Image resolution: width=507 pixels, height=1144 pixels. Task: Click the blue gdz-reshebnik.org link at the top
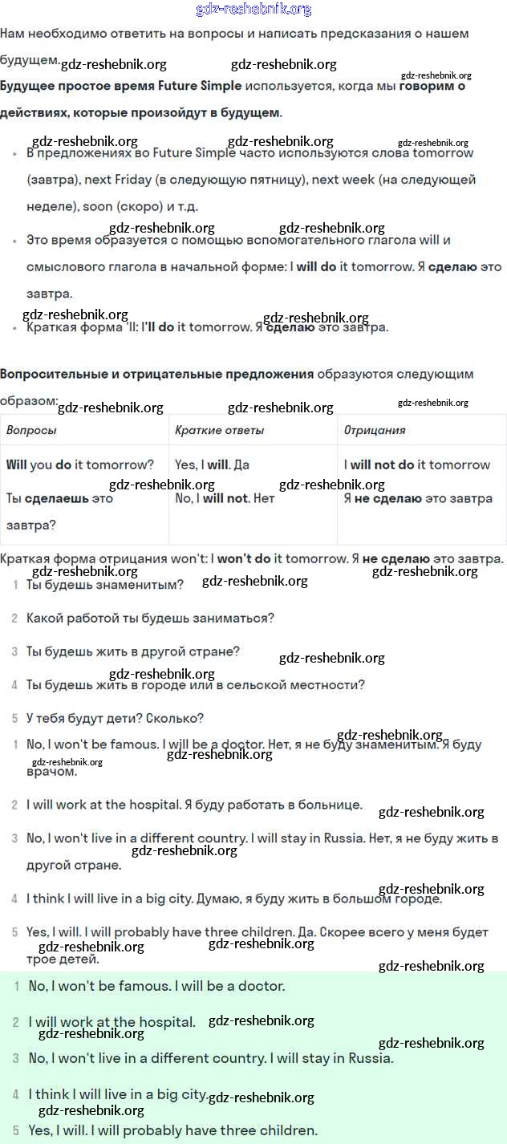[253, 10]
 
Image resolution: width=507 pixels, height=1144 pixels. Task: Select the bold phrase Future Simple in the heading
[200, 86]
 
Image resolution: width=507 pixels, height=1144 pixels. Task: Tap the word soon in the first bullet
[98, 206]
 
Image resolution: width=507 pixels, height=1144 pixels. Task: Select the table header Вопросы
[31, 430]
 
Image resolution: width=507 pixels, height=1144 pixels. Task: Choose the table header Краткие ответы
[219, 430]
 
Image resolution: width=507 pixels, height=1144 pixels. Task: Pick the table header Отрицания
[375, 430]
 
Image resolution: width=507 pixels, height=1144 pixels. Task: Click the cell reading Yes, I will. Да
[212, 464]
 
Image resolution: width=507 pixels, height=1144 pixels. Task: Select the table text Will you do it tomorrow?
[79, 464]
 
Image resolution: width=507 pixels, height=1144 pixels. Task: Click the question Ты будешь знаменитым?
[104, 585]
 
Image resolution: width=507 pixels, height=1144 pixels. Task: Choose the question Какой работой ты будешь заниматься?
[150, 618]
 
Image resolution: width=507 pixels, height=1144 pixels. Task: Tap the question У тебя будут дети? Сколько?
[115, 718]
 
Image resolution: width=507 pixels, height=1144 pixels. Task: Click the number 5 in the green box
[15, 1130]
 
